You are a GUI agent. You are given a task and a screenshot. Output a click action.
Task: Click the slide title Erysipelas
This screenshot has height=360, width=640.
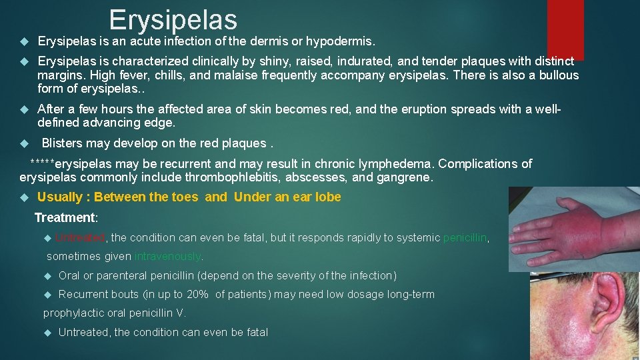point(173,19)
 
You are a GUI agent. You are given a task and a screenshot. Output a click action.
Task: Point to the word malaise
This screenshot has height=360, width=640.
point(266,75)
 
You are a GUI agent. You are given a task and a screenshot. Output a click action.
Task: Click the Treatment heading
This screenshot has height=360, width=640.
point(65,217)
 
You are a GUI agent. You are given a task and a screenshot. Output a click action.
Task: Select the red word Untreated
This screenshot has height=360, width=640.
point(80,237)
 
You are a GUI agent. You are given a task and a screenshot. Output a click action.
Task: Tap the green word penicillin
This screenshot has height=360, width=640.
point(465,237)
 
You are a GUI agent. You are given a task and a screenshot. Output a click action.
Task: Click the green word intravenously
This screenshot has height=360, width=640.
point(168,256)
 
